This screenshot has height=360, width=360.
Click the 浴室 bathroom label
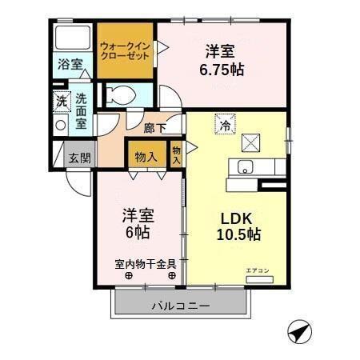[x=70, y=64]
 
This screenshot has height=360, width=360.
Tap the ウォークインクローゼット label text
[x=125, y=51]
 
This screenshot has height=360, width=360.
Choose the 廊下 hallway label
[x=155, y=127]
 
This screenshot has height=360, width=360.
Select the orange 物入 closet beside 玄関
[x=146, y=157]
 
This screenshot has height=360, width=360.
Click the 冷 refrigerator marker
[x=226, y=124]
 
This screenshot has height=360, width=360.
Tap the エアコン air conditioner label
[x=258, y=270]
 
